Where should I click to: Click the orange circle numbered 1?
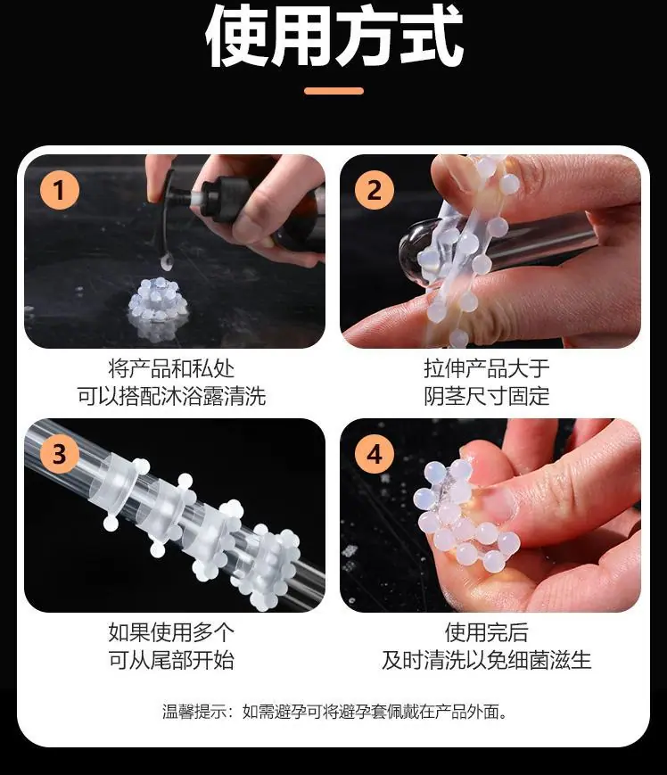(x=59, y=190)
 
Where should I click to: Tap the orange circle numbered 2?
(x=375, y=190)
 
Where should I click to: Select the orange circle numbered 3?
(x=59, y=453)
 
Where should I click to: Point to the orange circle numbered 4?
(x=375, y=453)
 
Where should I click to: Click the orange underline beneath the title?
(x=334, y=91)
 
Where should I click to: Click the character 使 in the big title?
(x=236, y=37)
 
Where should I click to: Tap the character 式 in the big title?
(x=432, y=37)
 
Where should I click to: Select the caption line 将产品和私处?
(x=171, y=368)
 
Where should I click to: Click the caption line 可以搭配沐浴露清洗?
(x=171, y=396)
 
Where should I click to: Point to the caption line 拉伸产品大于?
(x=487, y=368)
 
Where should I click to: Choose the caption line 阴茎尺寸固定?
(x=487, y=396)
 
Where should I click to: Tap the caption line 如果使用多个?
(x=171, y=632)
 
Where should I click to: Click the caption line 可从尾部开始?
(x=171, y=660)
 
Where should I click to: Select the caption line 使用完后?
(x=487, y=632)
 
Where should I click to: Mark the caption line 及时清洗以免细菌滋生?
(x=487, y=660)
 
